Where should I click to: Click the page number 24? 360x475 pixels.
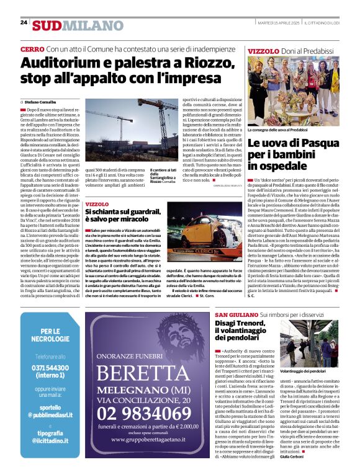point(24,22)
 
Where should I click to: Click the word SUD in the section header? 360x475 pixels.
point(47,25)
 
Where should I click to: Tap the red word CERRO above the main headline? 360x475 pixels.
point(32,48)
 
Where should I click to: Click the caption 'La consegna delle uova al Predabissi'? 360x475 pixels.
point(277,130)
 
